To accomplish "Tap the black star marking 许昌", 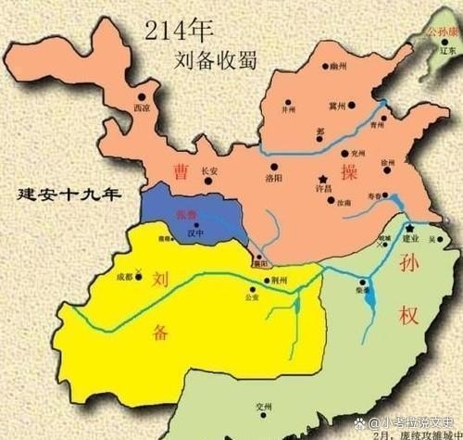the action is click(x=322, y=177).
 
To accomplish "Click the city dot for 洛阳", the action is click(x=269, y=164).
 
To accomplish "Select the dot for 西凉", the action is click(x=143, y=95).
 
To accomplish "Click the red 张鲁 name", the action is click(x=188, y=215).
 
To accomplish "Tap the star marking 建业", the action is click(x=407, y=227).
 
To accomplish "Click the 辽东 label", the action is click(x=448, y=51).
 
